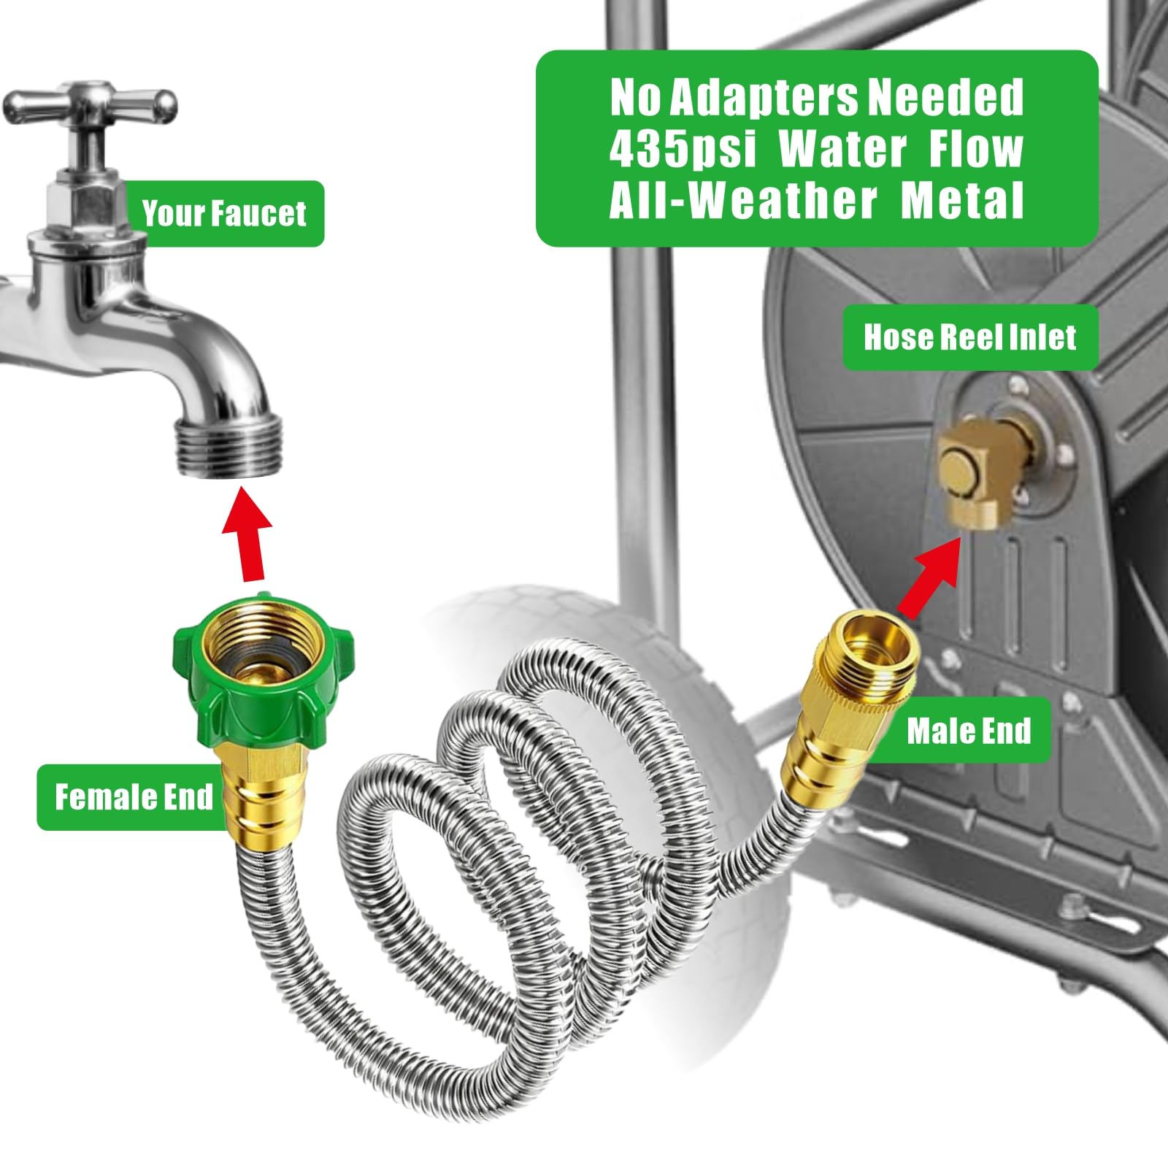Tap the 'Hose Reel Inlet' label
click(970, 337)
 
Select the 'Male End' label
click(969, 730)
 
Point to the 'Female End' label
click(134, 797)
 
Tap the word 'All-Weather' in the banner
click(743, 200)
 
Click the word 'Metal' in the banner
click(962, 200)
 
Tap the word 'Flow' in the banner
click(975, 150)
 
